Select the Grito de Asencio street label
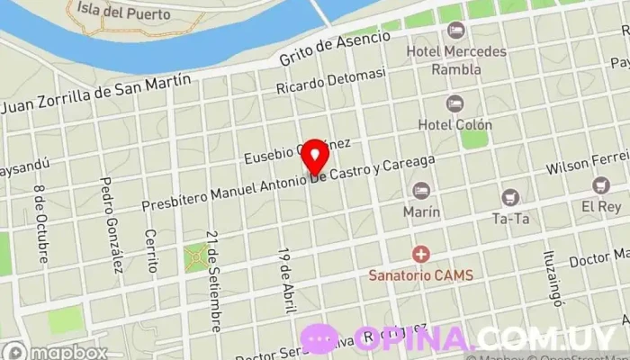pyautogui.click(x=335, y=49)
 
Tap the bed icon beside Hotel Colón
pyautogui.click(x=454, y=103)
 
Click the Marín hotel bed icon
pyautogui.click(x=421, y=190)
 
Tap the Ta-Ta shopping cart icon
pyautogui.click(x=510, y=197)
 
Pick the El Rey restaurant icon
pyautogui.click(x=601, y=184)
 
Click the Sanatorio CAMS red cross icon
pyautogui.click(x=419, y=256)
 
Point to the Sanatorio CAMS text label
pyautogui.click(x=420, y=274)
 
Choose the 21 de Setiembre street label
pyautogui.click(x=212, y=267)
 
